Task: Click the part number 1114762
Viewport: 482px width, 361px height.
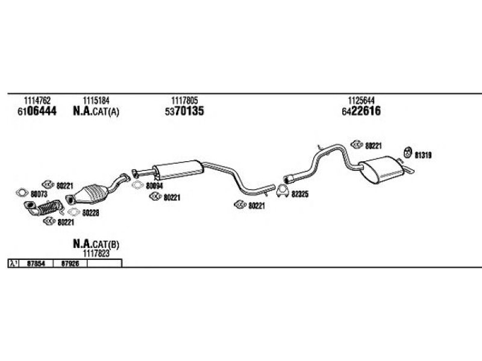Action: pyautogui.click(x=37, y=100)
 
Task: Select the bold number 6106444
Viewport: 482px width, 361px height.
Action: pyautogui.click(x=37, y=111)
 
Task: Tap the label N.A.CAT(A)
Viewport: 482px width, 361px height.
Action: pyautogui.click(x=96, y=111)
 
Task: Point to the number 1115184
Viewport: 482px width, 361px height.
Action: pyautogui.click(x=96, y=100)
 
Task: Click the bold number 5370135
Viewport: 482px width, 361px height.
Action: pyautogui.click(x=184, y=111)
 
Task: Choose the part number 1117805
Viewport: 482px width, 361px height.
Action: pyautogui.click(x=184, y=100)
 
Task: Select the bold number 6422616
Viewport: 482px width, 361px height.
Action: pyautogui.click(x=361, y=111)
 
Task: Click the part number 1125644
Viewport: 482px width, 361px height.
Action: pyautogui.click(x=361, y=100)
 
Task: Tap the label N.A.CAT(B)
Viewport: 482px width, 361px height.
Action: pyautogui.click(x=96, y=244)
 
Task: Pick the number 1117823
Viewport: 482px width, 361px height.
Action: pyautogui.click(x=96, y=253)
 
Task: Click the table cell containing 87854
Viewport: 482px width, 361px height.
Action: pyautogui.click(x=36, y=264)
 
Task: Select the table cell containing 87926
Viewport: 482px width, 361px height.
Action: pyautogui.click(x=70, y=264)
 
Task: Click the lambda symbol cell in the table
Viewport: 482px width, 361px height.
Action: pyautogui.click(x=13, y=264)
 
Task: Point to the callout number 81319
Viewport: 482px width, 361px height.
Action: pyautogui.click(x=423, y=155)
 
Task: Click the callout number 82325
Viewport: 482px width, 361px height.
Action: pyautogui.click(x=299, y=194)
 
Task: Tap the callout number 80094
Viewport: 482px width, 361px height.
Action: pyautogui.click(x=154, y=186)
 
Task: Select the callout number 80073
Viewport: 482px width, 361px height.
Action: pyautogui.click(x=39, y=194)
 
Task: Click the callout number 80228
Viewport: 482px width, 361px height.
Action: pyautogui.click(x=90, y=213)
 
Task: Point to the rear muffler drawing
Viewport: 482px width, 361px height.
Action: pyautogui.click(x=381, y=170)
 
